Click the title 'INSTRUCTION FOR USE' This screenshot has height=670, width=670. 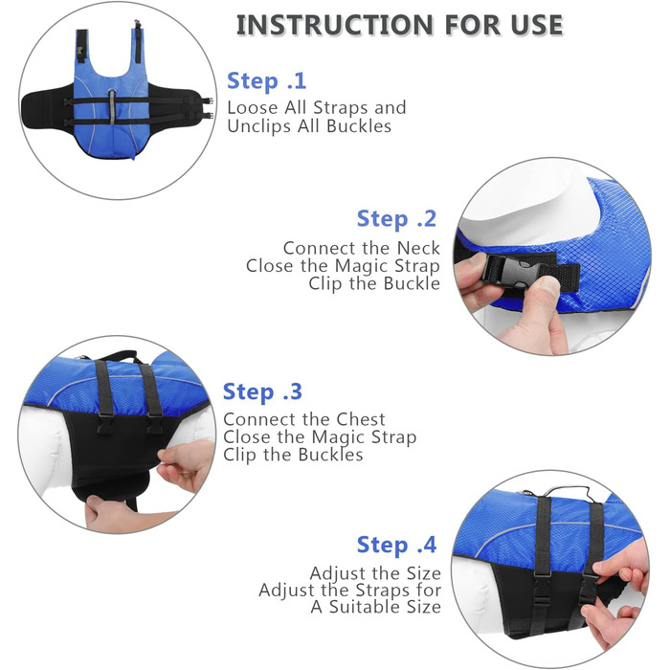point(399,25)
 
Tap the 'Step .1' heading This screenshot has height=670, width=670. point(267,80)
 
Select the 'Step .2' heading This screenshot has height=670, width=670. point(396,219)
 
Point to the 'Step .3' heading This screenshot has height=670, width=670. point(262,391)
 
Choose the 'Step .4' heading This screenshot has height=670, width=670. point(396,546)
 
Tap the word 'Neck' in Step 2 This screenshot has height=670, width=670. point(418,248)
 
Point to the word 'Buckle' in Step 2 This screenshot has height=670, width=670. point(412,283)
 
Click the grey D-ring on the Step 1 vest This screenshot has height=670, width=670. point(112,105)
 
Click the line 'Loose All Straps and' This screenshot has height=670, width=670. point(317,107)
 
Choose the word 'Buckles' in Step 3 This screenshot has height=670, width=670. point(330,455)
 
